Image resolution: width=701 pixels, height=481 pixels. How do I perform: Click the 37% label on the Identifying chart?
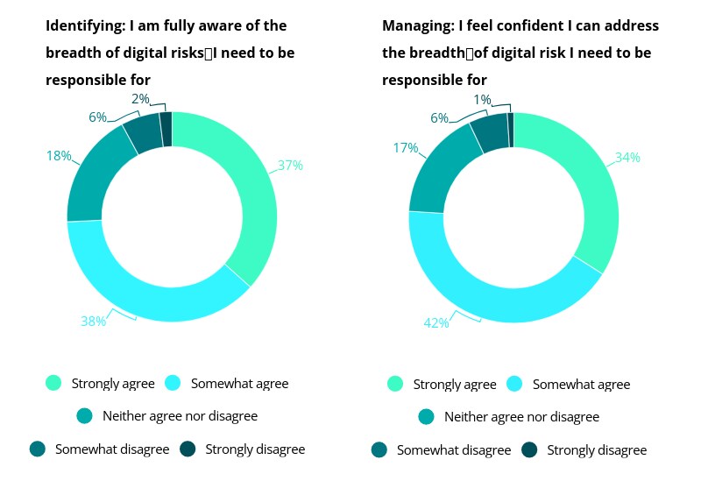pos(290,165)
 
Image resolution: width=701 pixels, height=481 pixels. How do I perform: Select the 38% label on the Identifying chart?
pos(93,322)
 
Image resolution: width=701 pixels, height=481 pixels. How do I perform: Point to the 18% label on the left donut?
pos(59,156)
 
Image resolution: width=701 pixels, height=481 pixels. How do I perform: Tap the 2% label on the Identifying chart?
pos(141,99)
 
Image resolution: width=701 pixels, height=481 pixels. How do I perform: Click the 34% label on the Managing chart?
pos(627,158)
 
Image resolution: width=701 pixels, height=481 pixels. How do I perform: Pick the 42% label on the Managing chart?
pos(436,323)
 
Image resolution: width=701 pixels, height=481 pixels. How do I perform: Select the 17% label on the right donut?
pos(405,148)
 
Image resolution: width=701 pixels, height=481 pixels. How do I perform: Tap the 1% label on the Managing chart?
pos(482,100)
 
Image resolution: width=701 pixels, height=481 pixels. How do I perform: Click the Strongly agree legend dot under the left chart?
pos(53,383)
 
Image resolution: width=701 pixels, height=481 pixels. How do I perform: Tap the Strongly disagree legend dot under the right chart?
pos(529,450)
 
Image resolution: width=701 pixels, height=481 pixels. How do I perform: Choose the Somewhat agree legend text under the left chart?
pos(238,383)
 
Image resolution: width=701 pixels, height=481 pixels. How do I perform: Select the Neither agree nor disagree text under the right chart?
pos(521,417)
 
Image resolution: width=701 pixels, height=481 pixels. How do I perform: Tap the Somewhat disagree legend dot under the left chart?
pos(37,449)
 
